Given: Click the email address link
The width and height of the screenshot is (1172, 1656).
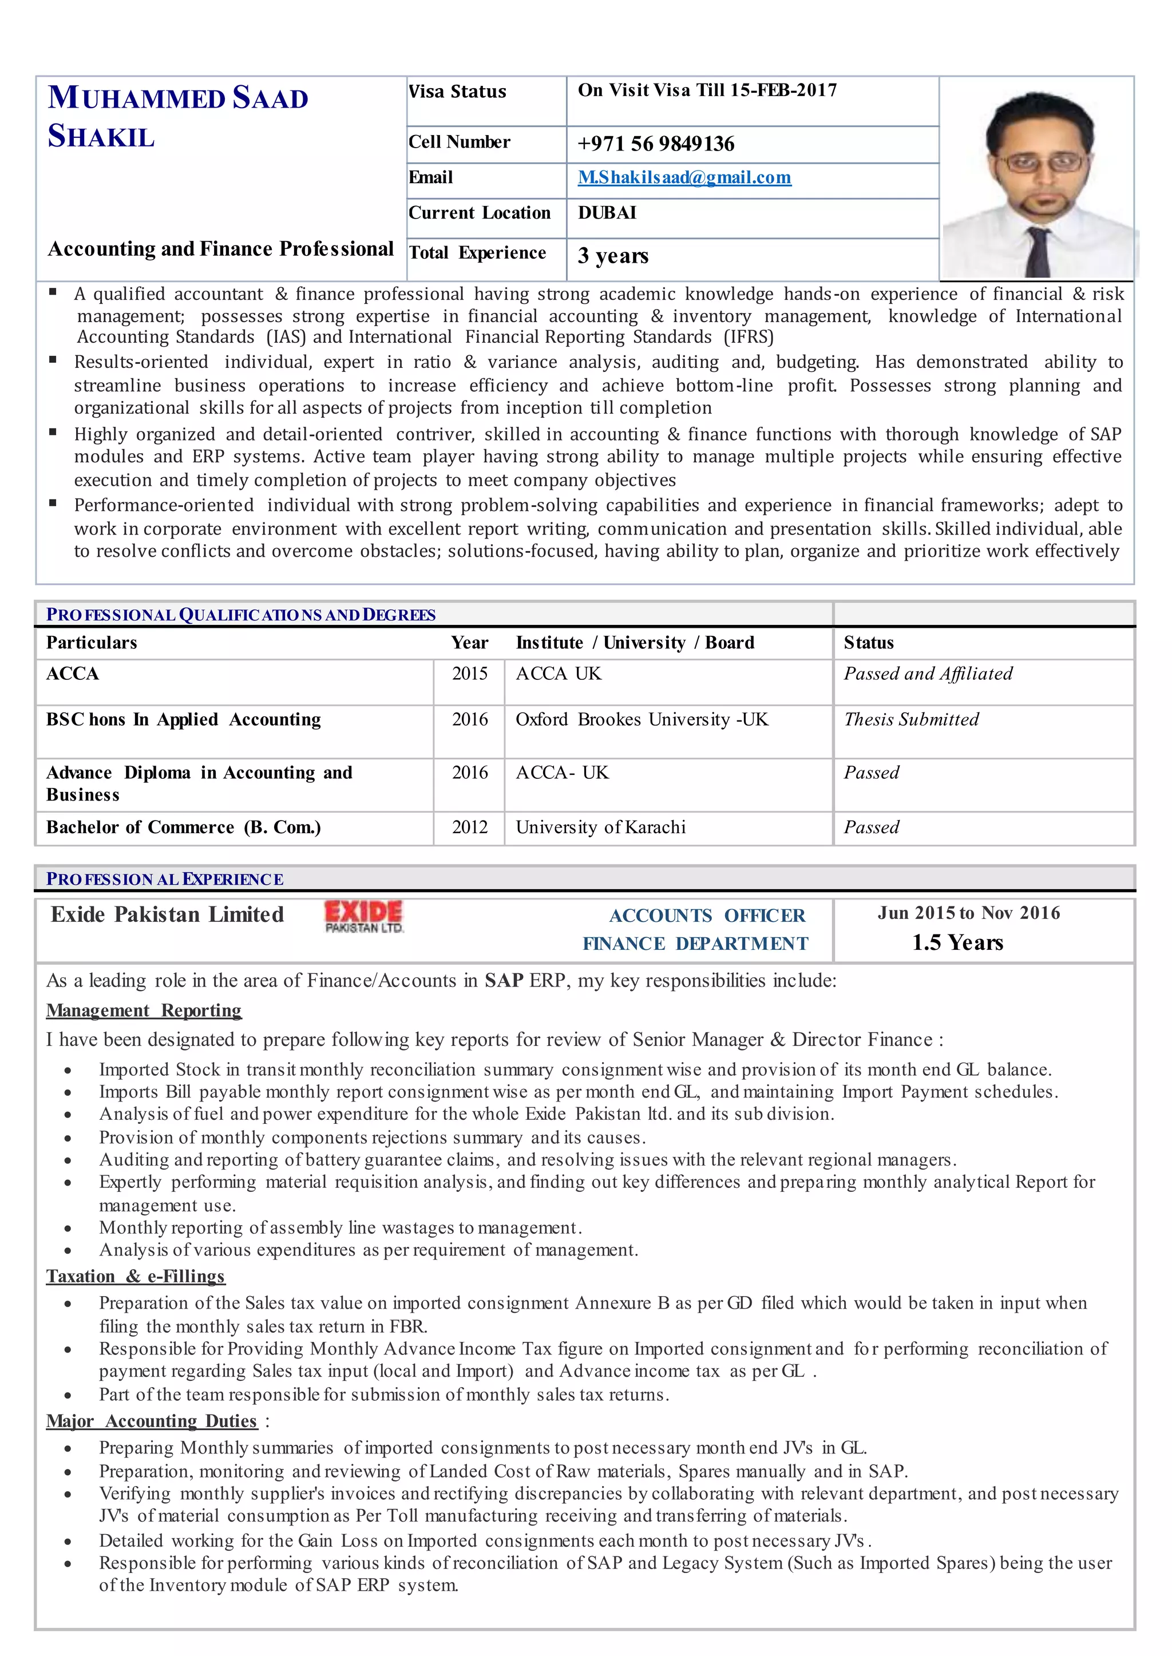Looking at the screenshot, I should click(x=684, y=177).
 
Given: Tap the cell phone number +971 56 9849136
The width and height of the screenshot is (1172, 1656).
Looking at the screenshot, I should click(x=655, y=144).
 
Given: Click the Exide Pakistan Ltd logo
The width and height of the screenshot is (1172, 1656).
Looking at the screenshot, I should click(x=364, y=916).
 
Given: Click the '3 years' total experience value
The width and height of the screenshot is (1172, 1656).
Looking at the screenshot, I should click(x=613, y=255).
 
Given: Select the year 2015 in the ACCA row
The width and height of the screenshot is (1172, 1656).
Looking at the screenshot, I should click(x=470, y=674).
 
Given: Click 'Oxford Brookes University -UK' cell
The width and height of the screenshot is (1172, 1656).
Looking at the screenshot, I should click(x=642, y=719).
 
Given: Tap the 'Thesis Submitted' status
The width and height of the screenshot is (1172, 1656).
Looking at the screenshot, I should click(x=910, y=719).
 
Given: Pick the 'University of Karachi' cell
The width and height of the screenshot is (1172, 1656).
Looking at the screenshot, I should click(x=600, y=827).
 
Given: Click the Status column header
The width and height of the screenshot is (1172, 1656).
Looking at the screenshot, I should click(x=868, y=643).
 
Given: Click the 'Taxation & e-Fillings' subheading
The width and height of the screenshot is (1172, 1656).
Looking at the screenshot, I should click(x=136, y=1277).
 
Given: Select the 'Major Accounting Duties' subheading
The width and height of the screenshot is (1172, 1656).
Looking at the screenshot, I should click(x=152, y=1421).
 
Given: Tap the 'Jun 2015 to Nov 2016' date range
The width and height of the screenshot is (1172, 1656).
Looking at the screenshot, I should click(x=968, y=913).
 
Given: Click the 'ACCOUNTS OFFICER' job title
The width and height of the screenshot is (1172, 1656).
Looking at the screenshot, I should click(x=707, y=916).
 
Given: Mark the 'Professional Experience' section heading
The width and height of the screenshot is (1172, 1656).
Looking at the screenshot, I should click(x=165, y=879).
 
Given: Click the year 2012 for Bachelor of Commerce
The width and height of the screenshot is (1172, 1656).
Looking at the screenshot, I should click(x=470, y=827).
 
